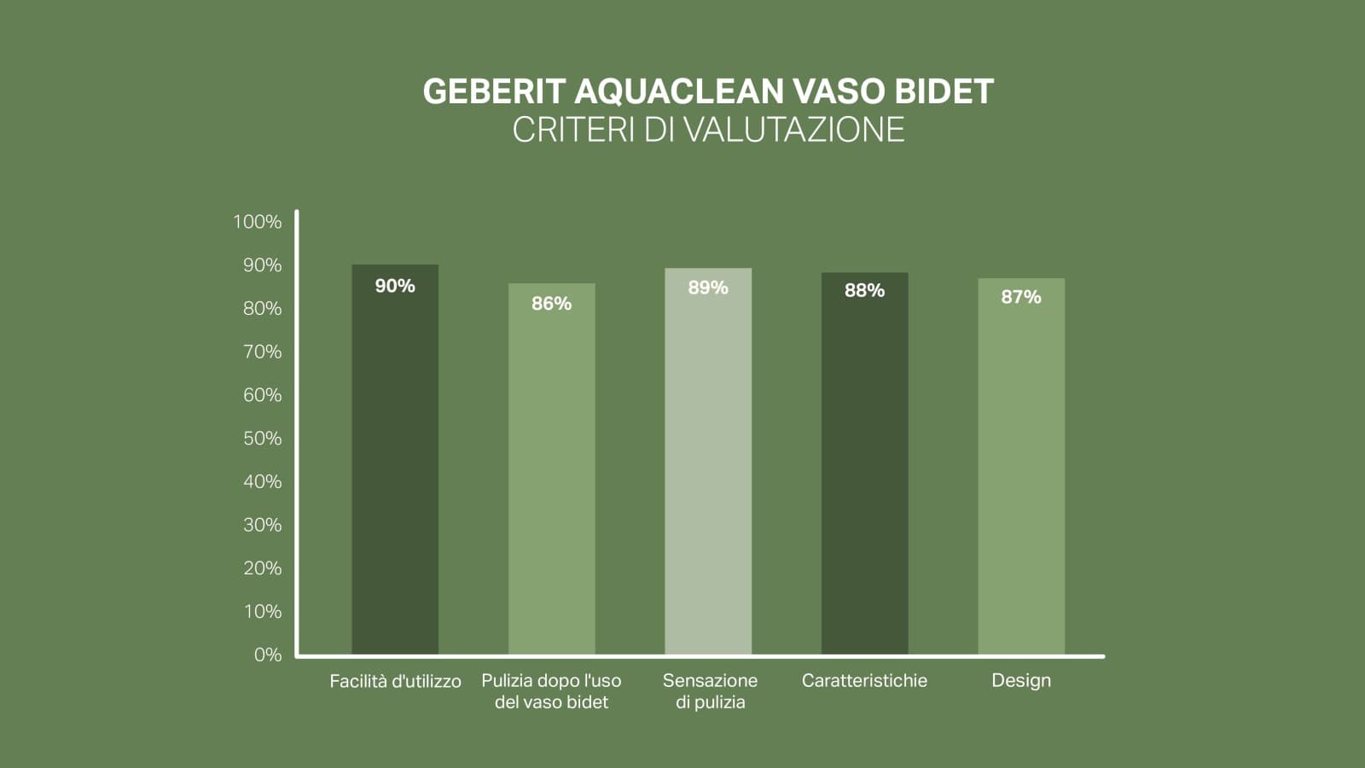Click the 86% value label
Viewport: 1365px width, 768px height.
point(551,304)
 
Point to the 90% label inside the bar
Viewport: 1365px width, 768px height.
point(395,286)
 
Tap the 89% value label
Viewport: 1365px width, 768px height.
point(708,288)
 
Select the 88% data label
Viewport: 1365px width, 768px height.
point(864,291)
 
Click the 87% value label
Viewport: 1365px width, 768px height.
point(1021,297)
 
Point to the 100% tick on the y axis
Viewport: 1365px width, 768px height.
point(257,222)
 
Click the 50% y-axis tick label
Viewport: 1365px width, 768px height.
point(262,439)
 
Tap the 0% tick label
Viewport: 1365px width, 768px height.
point(267,655)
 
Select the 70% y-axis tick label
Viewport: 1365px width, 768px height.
point(262,352)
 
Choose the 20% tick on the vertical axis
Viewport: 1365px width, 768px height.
point(262,568)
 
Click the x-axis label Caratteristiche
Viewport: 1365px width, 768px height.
point(864,681)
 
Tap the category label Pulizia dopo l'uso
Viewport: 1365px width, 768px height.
point(551,691)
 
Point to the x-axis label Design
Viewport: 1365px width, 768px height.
point(1021,681)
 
